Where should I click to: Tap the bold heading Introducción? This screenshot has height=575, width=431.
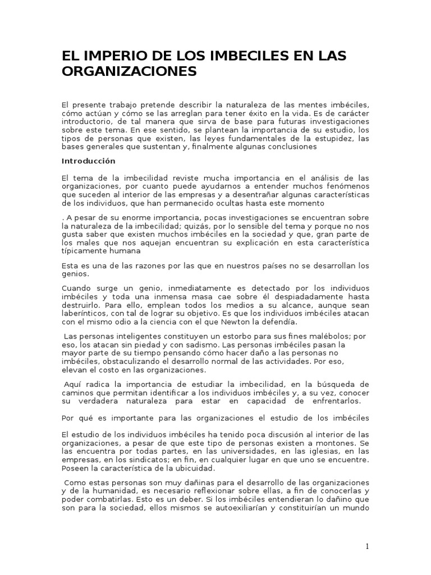pos(88,161)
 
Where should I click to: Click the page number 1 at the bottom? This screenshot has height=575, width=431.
pos(366,547)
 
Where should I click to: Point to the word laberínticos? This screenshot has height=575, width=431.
pos(85,313)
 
